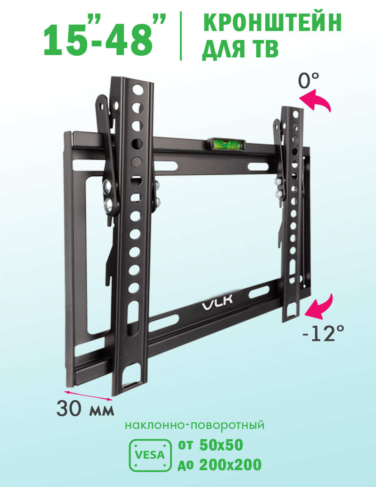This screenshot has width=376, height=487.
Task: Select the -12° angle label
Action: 323,334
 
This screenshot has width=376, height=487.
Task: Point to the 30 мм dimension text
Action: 85,408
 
